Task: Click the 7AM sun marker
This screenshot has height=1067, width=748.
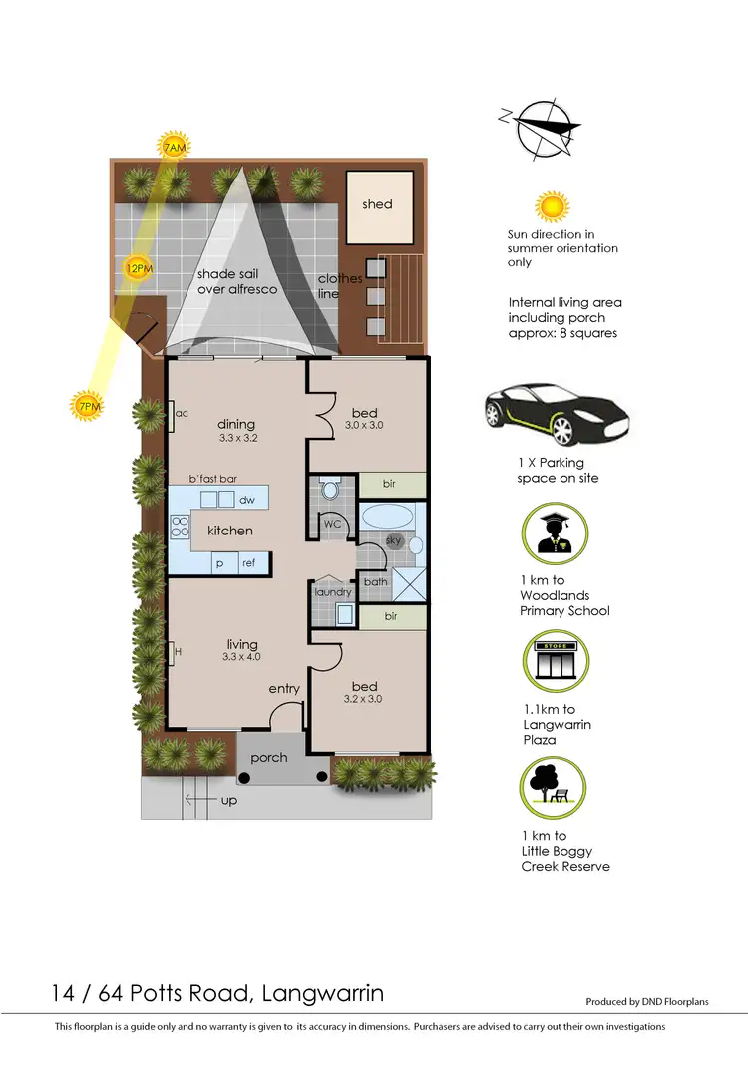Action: click(x=174, y=148)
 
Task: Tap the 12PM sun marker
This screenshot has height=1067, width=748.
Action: click(x=138, y=268)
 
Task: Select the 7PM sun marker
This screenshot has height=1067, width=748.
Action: click(x=86, y=406)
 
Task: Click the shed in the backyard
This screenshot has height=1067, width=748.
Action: click(x=377, y=205)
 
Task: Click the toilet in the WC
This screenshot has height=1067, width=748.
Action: click(x=330, y=489)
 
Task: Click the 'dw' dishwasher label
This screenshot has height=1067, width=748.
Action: click(x=245, y=500)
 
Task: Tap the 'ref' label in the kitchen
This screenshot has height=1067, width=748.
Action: click(x=248, y=563)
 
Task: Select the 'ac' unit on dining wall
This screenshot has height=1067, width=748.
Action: click(x=182, y=413)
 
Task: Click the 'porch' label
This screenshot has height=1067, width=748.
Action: click(x=269, y=758)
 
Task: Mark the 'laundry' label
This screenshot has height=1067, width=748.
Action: click(x=333, y=592)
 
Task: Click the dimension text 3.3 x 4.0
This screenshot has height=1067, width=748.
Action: click(x=241, y=658)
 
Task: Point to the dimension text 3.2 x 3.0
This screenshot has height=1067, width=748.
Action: click(x=364, y=699)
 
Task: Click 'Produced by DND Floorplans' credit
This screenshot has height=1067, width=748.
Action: click(x=646, y=1002)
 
